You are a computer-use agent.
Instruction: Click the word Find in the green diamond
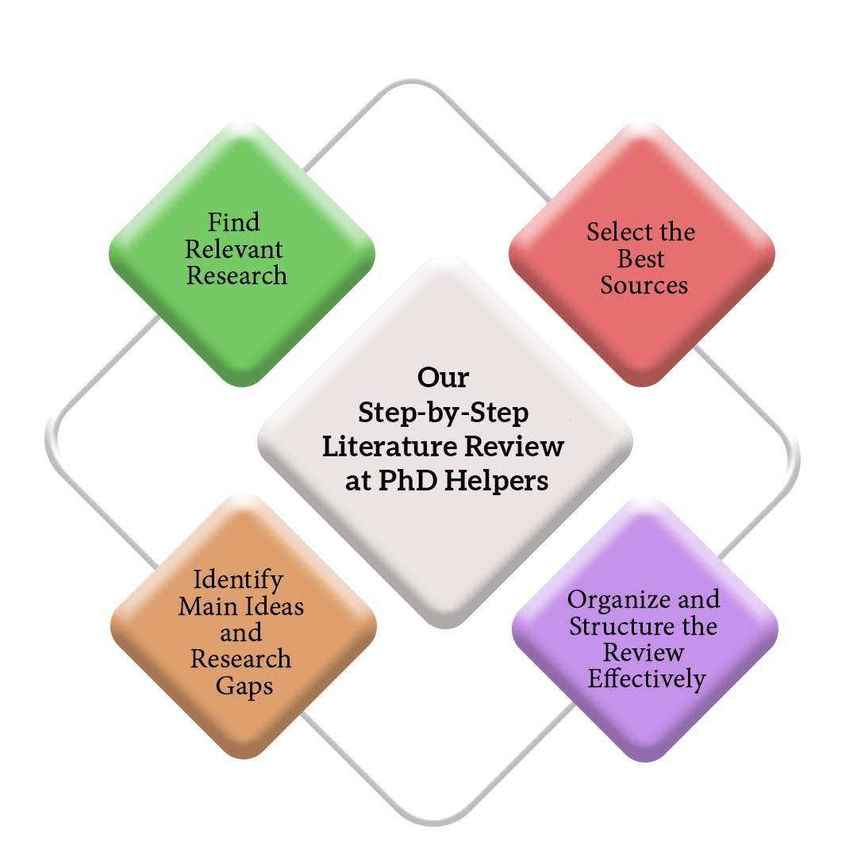click(233, 222)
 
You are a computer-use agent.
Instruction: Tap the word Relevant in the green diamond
click(234, 249)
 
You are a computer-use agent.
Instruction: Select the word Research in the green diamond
click(236, 275)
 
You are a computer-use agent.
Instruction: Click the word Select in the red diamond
click(618, 232)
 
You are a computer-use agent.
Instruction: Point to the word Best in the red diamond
click(641, 259)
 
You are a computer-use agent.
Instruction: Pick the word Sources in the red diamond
click(644, 286)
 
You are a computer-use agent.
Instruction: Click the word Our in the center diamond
click(444, 377)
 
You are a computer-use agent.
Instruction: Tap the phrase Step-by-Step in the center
click(444, 413)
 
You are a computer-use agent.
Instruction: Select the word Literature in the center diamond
click(389, 446)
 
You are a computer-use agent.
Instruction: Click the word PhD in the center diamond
click(408, 480)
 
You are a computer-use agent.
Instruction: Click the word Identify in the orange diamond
click(238, 580)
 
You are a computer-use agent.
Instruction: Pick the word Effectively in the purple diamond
click(648, 679)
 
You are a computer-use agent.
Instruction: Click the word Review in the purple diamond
click(644, 652)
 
